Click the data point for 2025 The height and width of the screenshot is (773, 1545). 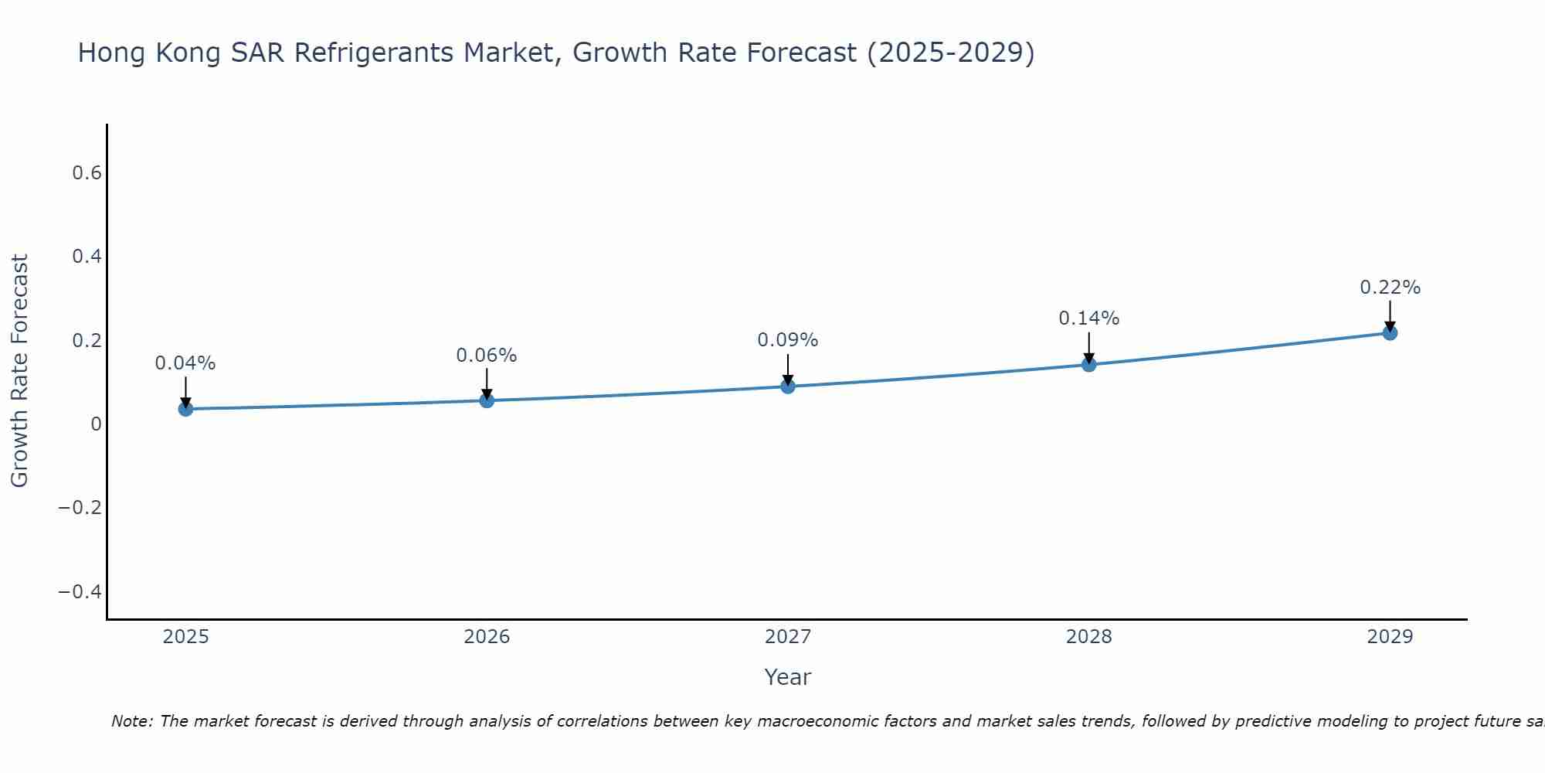tap(185, 408)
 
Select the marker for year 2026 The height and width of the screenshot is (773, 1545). tap(487, 400)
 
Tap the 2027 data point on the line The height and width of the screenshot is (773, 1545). tap(788, 386)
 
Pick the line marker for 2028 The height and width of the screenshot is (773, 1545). tap(1088, 364)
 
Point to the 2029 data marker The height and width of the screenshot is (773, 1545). tap(1390, 332)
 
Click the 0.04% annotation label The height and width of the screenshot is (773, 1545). tap(185, 363)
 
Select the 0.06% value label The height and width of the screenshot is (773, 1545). tap(487, 356)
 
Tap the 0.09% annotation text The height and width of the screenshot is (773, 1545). tap(788, 340)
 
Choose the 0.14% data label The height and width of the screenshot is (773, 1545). tap(1088, 318)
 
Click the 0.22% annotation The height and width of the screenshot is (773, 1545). tap(1390, 288)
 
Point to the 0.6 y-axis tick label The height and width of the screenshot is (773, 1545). tap(87, 173)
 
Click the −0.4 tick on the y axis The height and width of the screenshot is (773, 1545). tap(80, 592)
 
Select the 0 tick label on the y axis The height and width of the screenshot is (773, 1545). tap(96, 424)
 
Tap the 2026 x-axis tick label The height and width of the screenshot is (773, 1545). tap(487, 637)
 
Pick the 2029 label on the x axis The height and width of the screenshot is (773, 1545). tap(1390, 637)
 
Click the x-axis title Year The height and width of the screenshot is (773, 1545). tap(787, 678)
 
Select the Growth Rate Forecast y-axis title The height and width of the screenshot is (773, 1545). tap(20, 371)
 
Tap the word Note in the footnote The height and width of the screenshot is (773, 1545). tap(131, 722)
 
